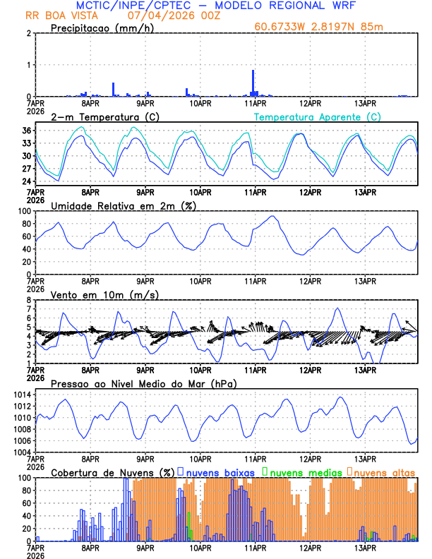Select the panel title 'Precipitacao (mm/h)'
point(102,28)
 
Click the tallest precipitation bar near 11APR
point(253,82)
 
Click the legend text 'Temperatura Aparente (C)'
point(317,116)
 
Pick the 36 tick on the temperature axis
point(26,131)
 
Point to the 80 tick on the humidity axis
point(25,224)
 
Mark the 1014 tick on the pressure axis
point(20,395)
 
